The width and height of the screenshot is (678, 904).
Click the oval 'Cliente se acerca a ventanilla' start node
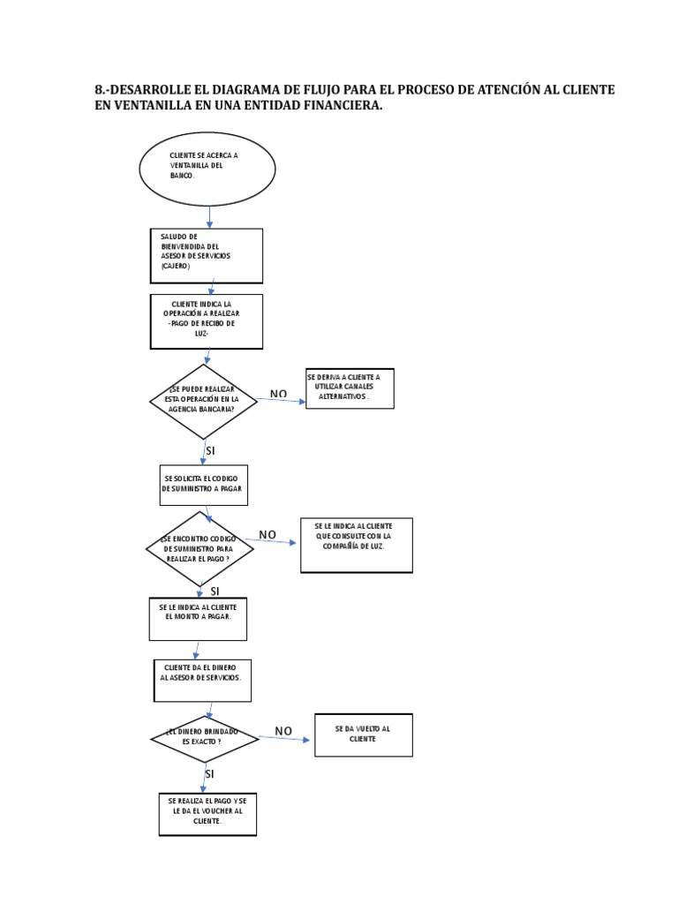[207, 168]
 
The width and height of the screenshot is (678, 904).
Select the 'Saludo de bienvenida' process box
[206, 255]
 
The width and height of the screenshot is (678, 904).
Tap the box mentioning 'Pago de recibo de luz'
[207, 321]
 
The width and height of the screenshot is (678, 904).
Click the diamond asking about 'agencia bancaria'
[204, 402]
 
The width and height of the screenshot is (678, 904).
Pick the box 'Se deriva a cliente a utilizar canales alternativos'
[350, 388]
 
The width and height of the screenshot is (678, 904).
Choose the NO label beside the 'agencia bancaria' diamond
[279, 394]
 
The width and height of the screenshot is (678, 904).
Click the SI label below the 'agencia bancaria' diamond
[210, 451]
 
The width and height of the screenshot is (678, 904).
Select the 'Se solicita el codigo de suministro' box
[203, 484]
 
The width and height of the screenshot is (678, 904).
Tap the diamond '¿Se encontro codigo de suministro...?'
[200, 549]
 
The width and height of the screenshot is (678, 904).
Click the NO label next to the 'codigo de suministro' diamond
[267, 535]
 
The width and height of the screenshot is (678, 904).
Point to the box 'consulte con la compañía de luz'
[356, 545]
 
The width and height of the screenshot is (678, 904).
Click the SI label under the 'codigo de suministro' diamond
[215, 591]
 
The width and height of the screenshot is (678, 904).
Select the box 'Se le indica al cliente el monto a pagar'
[198, 618]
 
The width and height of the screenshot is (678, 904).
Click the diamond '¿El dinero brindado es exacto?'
[204, 738]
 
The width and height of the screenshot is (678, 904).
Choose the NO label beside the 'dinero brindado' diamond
[283, 731]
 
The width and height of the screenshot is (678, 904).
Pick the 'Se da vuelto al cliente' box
[363, 734]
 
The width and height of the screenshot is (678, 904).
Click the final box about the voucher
[207, 813]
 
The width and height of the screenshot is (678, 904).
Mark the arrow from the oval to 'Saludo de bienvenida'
[210, 216]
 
